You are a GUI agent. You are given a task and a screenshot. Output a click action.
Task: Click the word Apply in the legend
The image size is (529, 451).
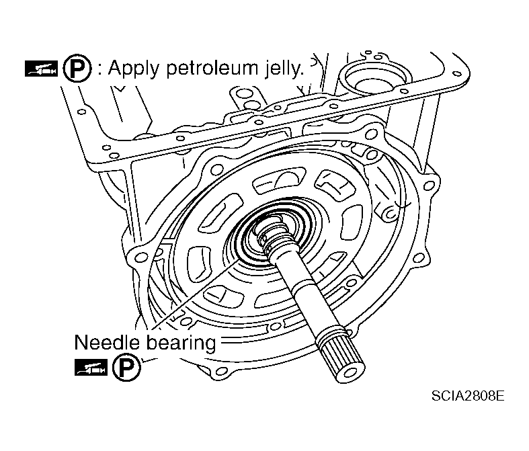129,69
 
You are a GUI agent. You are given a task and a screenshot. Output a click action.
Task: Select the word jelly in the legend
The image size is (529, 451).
278,69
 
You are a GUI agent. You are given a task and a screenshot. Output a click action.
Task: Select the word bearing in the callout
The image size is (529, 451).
181,343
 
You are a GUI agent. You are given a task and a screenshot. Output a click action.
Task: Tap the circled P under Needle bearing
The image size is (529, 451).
122,368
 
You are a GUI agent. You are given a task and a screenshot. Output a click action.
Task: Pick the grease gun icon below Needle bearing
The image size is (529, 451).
90,368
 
